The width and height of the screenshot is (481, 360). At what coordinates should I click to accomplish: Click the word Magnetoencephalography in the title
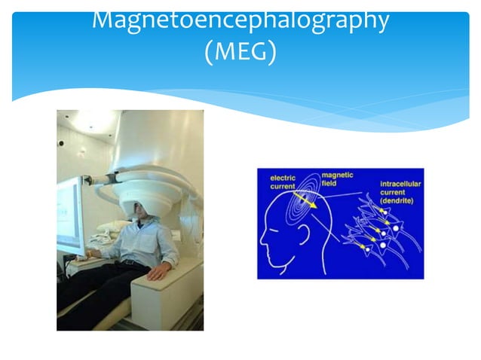click(240, 20)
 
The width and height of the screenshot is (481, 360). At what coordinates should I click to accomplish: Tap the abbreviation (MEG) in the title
click(240, 53)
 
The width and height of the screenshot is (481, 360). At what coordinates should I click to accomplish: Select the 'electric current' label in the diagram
click(287, 180)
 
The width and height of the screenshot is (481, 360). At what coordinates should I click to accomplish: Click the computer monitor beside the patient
click(70, 215)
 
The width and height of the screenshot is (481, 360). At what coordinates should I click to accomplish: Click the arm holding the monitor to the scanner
click(98, 179)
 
